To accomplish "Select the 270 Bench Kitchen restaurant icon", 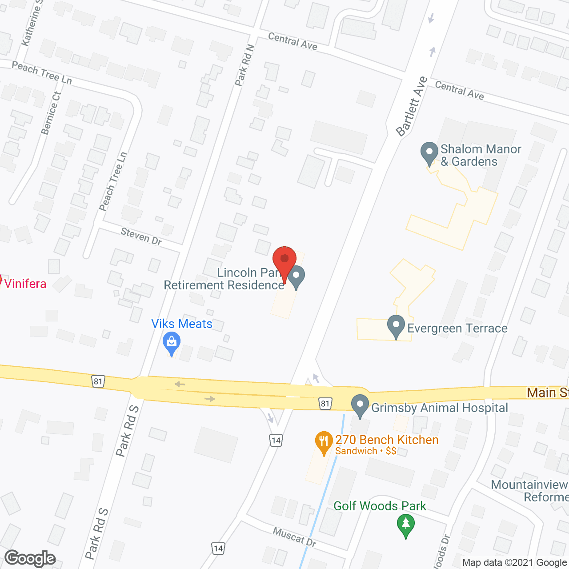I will pyautogui.click(x=324, y=442).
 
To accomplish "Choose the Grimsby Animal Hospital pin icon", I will pyautogui.click(x=360, y=405).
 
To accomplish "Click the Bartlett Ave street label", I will pyautogui.click(x=411, y=106).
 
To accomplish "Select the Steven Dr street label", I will pyautogui.click(x=141, y=236).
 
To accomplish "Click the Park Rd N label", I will pyautogui.click(x=244, y=65).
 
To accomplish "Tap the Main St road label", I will pyautogui.click(x=547, y=393).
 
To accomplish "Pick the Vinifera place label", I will pyautogui.click(x=25, y=284).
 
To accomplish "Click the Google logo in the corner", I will pyautogui.click(x=30, y=558).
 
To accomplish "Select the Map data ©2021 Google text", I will pyautogui.click(x=515, y=563).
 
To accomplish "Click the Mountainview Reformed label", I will pyautogui.click(x=529, y=491).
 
